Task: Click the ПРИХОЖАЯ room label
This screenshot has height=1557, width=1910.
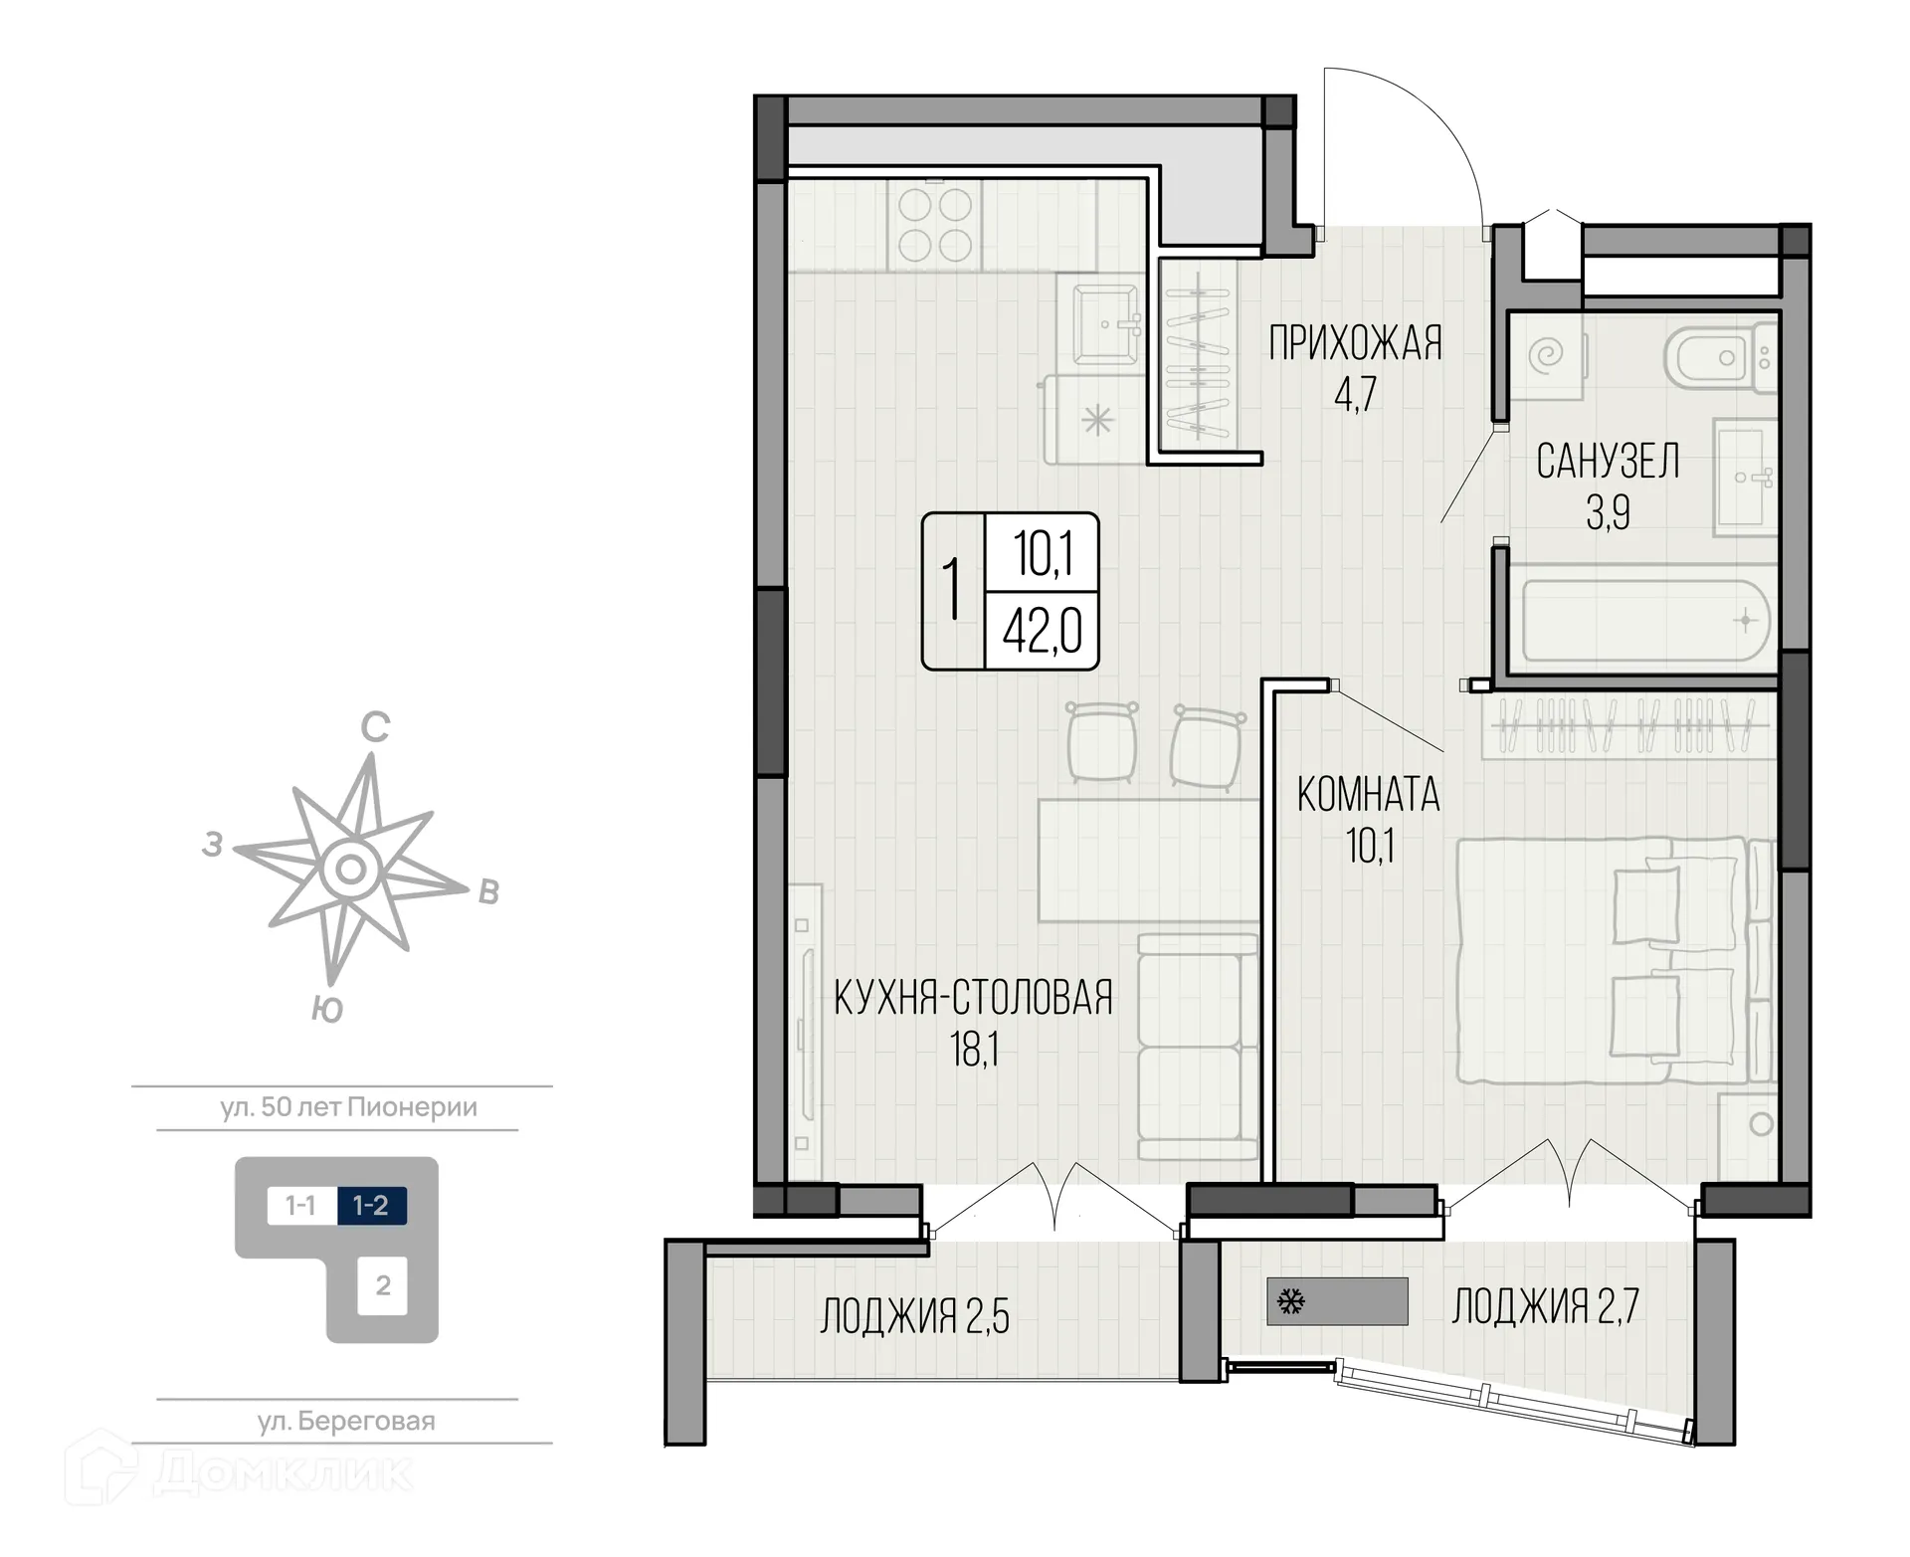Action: coord(1355,343)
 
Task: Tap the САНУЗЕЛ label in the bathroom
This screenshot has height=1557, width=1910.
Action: coord(1608,462)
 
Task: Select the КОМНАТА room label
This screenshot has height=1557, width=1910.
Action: coord(1369,795)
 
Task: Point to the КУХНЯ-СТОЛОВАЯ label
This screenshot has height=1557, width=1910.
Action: coord(973,998)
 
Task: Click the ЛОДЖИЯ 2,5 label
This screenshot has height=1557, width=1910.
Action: coord(914,1316)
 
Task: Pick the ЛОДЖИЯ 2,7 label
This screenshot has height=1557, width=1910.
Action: coord(1545,1306)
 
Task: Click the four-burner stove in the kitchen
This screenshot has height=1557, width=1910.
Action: coord(935,225)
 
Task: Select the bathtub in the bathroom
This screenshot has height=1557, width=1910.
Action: coord(1645,621)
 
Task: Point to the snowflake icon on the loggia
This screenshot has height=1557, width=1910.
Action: coord(1291,1301)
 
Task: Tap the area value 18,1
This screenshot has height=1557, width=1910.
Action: coord(974,1050)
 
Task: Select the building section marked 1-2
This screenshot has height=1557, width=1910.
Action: coord(371,1206)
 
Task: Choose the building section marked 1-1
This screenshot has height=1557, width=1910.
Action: coord(301,1206)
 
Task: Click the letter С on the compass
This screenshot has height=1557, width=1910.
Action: coord(374,729)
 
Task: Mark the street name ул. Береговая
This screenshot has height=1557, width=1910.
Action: coord(346,1422)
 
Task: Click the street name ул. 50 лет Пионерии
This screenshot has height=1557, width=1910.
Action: coord(349,1107)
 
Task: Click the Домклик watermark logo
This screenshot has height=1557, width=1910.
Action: coord(239,1471)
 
